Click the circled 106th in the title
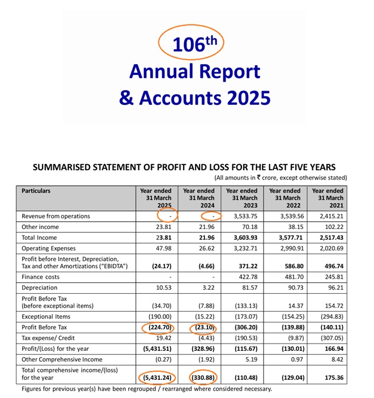[191, 44]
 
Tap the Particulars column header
[36, 191]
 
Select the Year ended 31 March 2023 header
[241, 198]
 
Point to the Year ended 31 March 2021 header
[328, 198]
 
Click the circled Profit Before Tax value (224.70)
[156, 328]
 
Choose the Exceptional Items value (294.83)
[330, 316]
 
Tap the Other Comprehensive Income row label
[62, 359]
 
